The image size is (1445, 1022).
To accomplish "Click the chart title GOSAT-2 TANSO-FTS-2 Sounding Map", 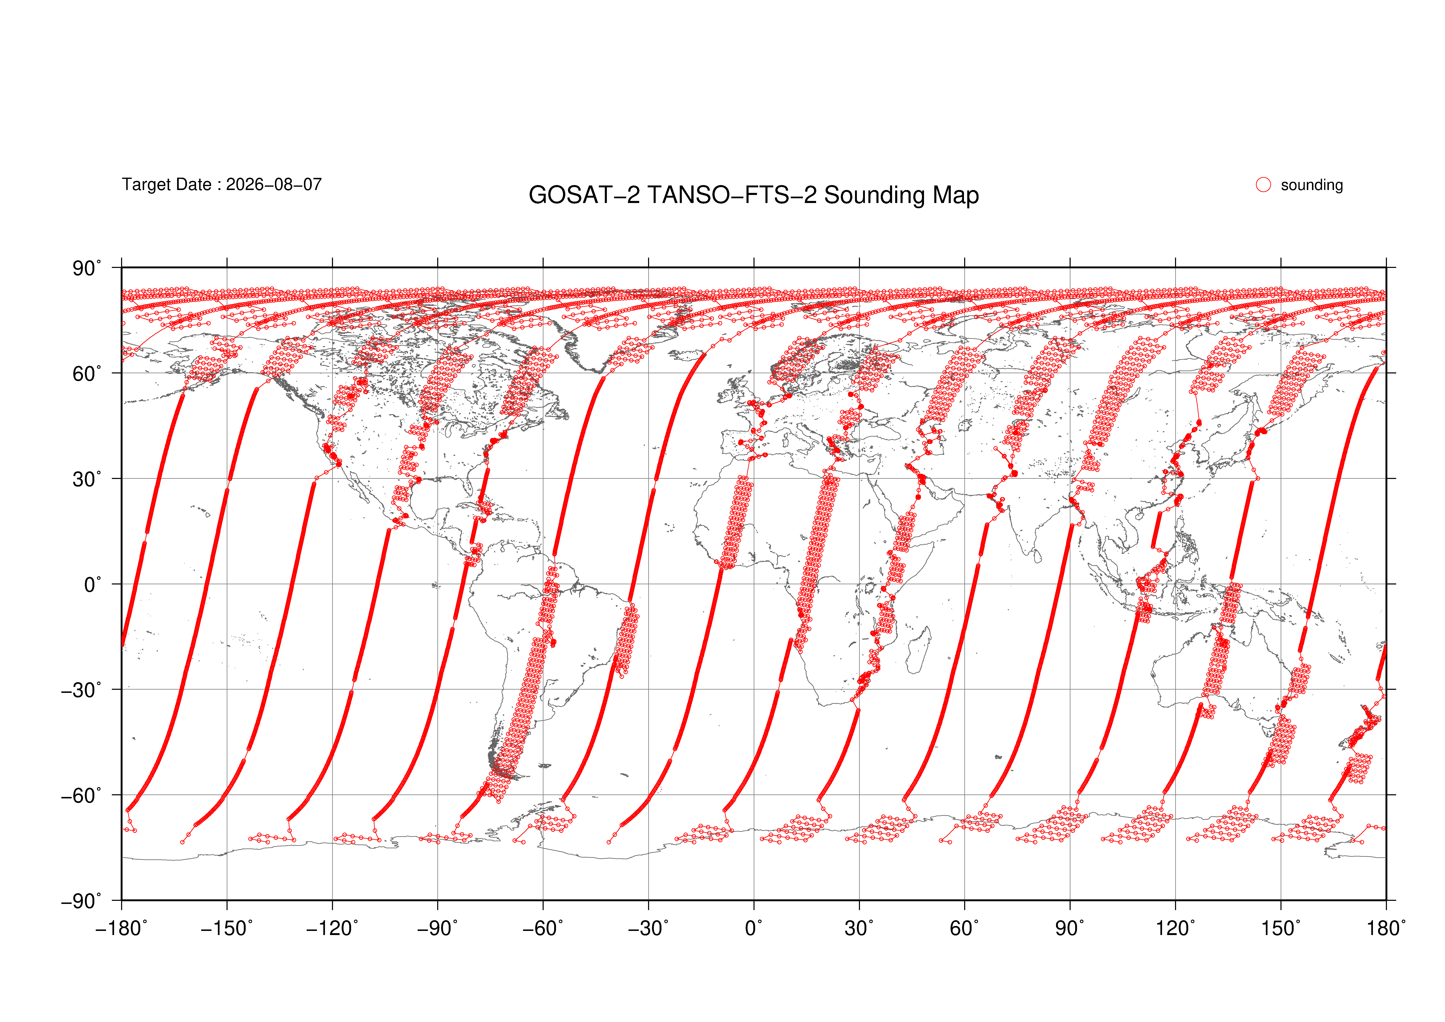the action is point(753,195).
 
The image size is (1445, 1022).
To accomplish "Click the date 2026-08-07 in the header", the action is point(274,184).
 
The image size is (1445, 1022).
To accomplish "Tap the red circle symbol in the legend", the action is point(1263,184).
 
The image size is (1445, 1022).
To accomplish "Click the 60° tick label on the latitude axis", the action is point(87,374).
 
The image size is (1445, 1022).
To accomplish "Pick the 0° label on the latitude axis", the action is point(93,585).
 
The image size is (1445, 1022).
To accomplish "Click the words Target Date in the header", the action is point(166,184).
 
